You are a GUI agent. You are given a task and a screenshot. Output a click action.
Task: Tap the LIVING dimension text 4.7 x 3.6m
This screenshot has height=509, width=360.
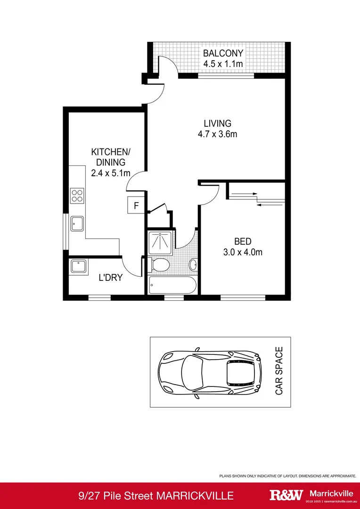(217, 134)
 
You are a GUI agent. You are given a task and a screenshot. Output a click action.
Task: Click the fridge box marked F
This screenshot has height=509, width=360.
(136, 205)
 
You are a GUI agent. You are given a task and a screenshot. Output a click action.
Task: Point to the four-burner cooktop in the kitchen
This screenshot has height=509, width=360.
(77, 195)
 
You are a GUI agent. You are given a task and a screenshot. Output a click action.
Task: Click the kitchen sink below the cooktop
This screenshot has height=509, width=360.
(77, 224)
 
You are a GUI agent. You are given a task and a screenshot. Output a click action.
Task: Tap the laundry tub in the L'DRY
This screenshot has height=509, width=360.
(78, 267)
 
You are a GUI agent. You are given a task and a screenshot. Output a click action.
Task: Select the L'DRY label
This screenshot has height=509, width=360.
(110, 278)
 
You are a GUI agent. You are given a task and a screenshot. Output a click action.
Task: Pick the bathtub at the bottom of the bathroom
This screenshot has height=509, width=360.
(172, 285)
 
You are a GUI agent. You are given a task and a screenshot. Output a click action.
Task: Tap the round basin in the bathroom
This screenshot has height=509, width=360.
(193, 265)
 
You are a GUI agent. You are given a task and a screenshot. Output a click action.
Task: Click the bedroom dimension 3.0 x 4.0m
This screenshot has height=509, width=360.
(242, 252)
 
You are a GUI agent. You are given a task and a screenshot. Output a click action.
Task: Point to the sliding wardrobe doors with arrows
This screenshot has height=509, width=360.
(257, 198)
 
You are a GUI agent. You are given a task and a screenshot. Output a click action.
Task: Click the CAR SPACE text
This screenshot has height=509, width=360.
(279, 371)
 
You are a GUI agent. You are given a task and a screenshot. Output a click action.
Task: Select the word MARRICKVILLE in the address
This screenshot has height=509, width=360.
(194, 495)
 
